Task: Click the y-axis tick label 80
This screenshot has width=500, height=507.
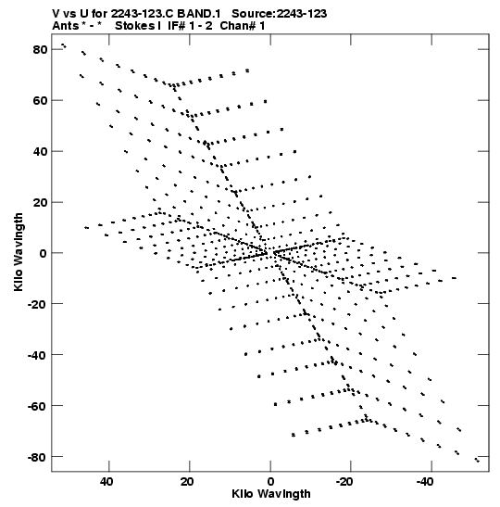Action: point(40,50)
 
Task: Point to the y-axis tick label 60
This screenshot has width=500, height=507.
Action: point(40,100)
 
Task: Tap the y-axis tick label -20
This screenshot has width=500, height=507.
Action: point(37,304)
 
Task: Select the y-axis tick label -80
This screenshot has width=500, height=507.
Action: point(37,458)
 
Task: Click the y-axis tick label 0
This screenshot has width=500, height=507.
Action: point(44,253)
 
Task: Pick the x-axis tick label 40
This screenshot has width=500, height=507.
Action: point(106,482)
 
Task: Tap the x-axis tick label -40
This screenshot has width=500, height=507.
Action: point(424,482)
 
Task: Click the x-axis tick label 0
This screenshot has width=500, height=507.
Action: point(270,482)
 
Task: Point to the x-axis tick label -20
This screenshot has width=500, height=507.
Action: point(344,482)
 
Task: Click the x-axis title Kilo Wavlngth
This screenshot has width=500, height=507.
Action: point(271,494)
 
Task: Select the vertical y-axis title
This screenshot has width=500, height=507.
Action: point(19,252)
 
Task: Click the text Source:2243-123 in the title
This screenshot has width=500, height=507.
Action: point(279,14)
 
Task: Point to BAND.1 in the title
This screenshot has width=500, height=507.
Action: point(199,14)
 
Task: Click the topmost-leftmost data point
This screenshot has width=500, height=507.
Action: point(64,45)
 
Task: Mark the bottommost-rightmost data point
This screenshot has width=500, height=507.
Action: point(477,460)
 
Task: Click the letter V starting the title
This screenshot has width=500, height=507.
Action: point(56,14)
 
